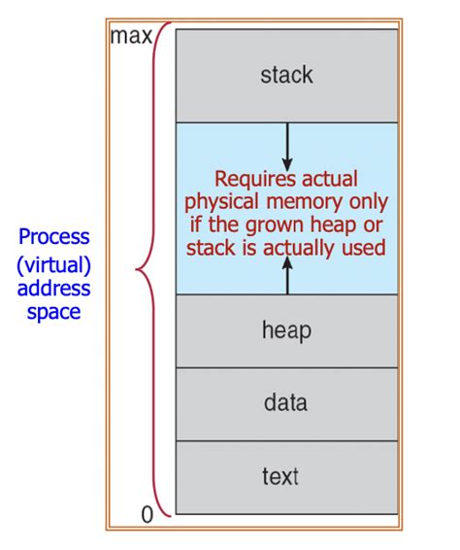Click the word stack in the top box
(286, 74)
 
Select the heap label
(286, 331)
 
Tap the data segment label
(286, 401)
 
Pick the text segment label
(286, 476)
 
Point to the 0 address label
(147, 515)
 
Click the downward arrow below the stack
(286, 147)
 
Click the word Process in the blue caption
(52, 237)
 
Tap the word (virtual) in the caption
(52, 262)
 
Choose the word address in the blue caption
(52, 289)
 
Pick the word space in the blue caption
(52, 314)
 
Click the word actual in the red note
(329, 179)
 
